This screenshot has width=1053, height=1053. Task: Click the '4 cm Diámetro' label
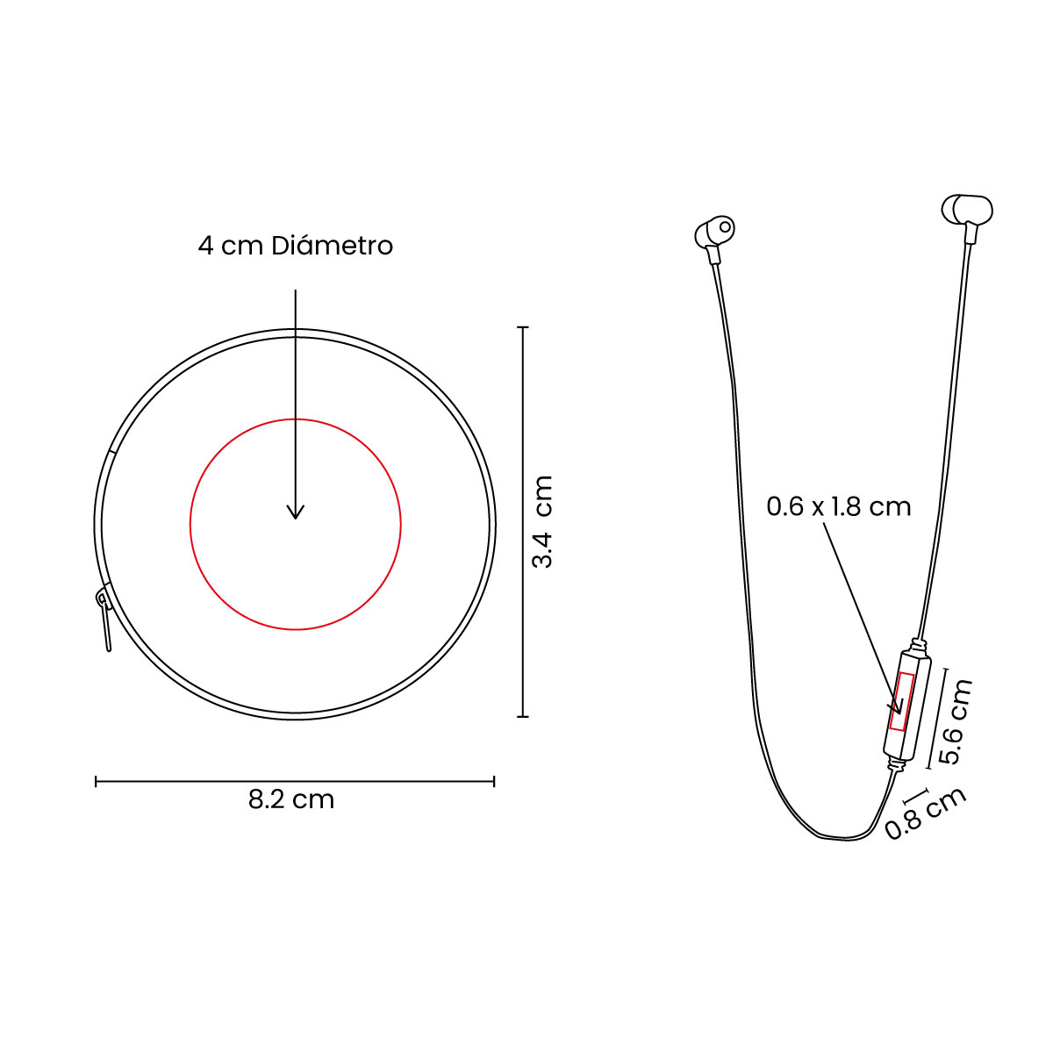[295, 246]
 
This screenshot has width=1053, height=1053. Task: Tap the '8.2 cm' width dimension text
[291, 799]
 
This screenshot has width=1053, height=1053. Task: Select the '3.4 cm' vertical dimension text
[542, 521]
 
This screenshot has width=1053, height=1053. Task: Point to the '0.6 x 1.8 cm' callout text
[839, 506]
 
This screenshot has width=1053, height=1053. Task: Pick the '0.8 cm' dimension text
[926, 813]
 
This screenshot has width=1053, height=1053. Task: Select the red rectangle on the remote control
[902, 701]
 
